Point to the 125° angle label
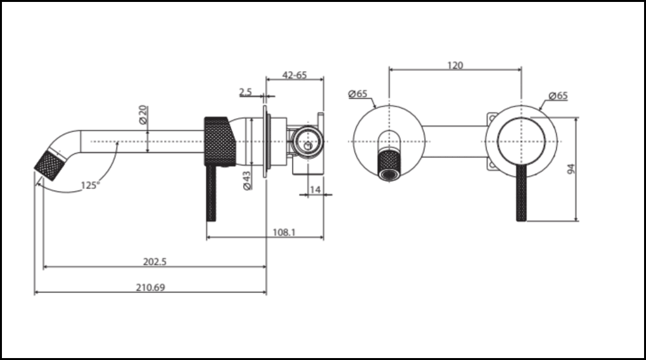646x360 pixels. tap(90, 185)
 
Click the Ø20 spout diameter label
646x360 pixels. tap(143, 116)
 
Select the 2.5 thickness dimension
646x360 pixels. tap(245, 92)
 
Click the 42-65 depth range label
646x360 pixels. tap(295, 75)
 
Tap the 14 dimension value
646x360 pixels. tap(315, 189)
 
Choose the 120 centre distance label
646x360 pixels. tap(455, 65)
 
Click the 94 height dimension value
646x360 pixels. tap(570, 169)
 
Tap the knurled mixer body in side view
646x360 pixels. tap(220, 141)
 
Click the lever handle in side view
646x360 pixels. tap(211, 194)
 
